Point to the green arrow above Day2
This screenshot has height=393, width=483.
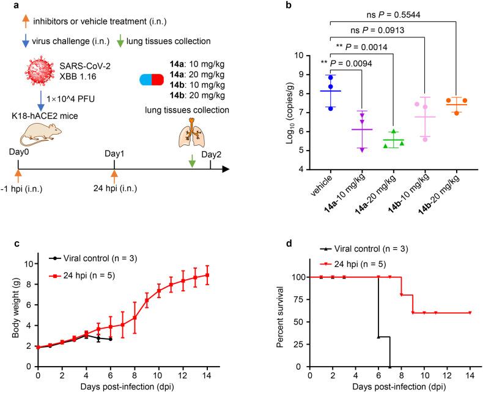pos(193,161)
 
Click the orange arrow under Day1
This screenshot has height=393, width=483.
pos(114,177)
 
